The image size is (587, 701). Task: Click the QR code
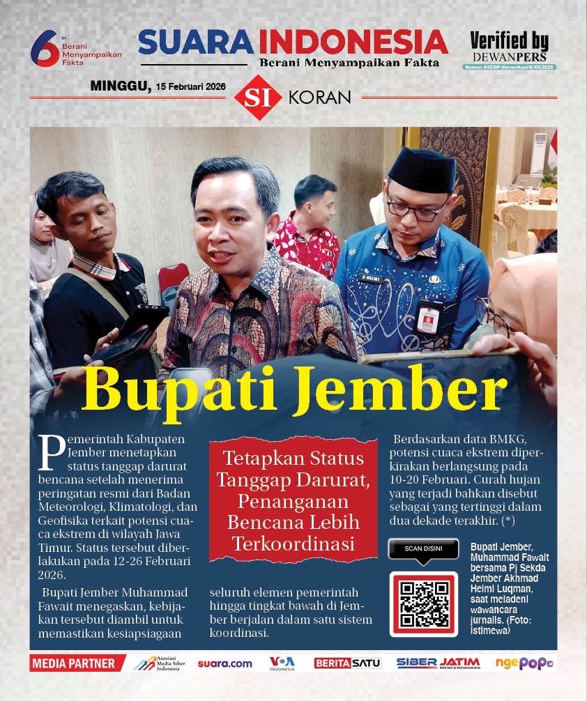[423, 603]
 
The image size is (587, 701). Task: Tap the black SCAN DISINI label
[422, 548]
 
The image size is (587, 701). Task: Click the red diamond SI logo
[258, 98]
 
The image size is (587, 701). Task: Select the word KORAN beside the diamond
[319, 98]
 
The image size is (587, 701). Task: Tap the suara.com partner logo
[224, 663]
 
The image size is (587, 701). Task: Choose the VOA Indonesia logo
[282, 663]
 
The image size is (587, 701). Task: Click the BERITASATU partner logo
[347, 663]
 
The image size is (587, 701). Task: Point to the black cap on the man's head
[422, 169]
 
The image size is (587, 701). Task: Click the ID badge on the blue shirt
[427, 317]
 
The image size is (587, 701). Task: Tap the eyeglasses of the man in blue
[417, 208]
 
